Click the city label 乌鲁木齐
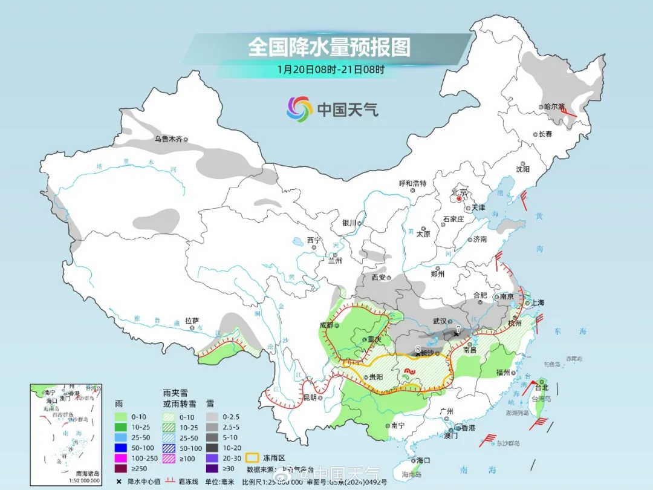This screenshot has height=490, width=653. tap(167, 139)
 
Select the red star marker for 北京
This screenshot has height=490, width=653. tap(460, 198)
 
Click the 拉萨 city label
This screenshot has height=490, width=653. tap(192, 320)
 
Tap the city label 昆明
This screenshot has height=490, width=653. tap(310, 397)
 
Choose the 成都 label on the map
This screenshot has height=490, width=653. tap(327, 325)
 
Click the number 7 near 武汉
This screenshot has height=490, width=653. tap(458, 329)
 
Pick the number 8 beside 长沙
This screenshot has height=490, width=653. tap(418, 348)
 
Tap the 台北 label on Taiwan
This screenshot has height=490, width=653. tap(542, 387)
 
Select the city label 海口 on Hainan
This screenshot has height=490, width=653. tap(423, 460)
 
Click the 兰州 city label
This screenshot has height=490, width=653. tap(335, 261)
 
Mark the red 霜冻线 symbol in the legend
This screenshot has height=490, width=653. tap(164, 481)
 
